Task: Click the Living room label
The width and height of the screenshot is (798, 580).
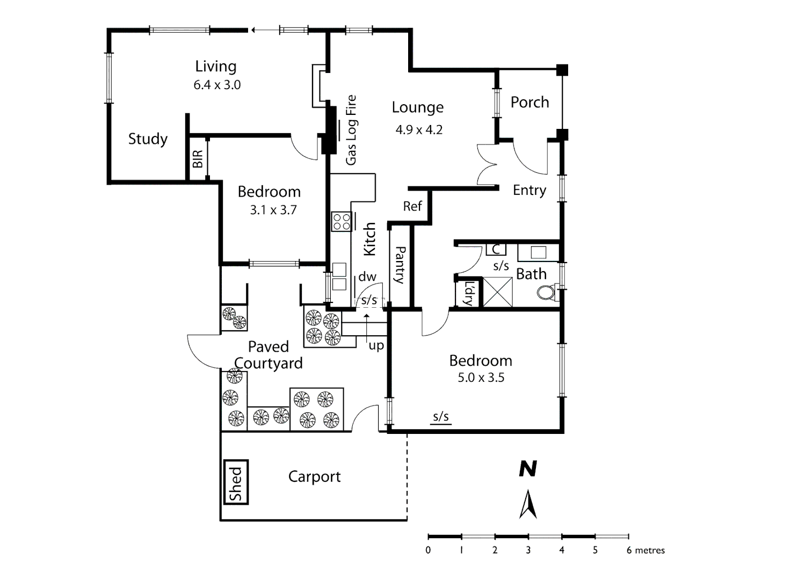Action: pyautogui.click(x=215, y=67)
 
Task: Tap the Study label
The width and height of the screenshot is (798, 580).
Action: pyautogui.click(x=148, y=139)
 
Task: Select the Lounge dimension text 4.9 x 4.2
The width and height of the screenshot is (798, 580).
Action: pyautogui.click(x=419, y=130)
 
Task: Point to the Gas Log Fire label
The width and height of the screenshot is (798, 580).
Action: pyautogui.click(x=351, y=130)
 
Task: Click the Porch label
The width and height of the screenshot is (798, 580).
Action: pyautogui.click(x=529, y=103)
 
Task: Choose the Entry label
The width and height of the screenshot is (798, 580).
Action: pyautogui.click(x=529, y=190)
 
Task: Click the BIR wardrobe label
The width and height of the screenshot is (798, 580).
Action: pyautogui.click(x=198, y=159)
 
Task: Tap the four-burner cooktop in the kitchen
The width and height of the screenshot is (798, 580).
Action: pyautogui.click(x=341, y=221)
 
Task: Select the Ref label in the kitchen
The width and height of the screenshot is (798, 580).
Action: pyautogui.click(x=412, y=206)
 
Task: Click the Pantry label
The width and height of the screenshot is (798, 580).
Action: pyautogui.click(x=400, y=265)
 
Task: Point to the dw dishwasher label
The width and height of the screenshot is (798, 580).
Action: pyautogui.click(x=367, y=277)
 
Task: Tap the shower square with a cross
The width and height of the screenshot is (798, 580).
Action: pyautogui.click(x=498, y=292)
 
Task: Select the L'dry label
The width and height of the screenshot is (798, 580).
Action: pyautogui.click(x=468, y=293)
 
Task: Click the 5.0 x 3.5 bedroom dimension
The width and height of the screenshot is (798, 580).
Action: pyautogui.click(x=481, y=378)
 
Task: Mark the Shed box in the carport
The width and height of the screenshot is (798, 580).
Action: pyautogui.click(x=236, y=482)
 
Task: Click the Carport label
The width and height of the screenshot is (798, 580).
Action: pyautogui.click(x=314, y=477)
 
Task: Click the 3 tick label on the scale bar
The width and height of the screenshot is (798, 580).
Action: pyautogui.click(x=528, y=550)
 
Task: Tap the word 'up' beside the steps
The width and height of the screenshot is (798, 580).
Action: pyautogui.click(x=376, y=345)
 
